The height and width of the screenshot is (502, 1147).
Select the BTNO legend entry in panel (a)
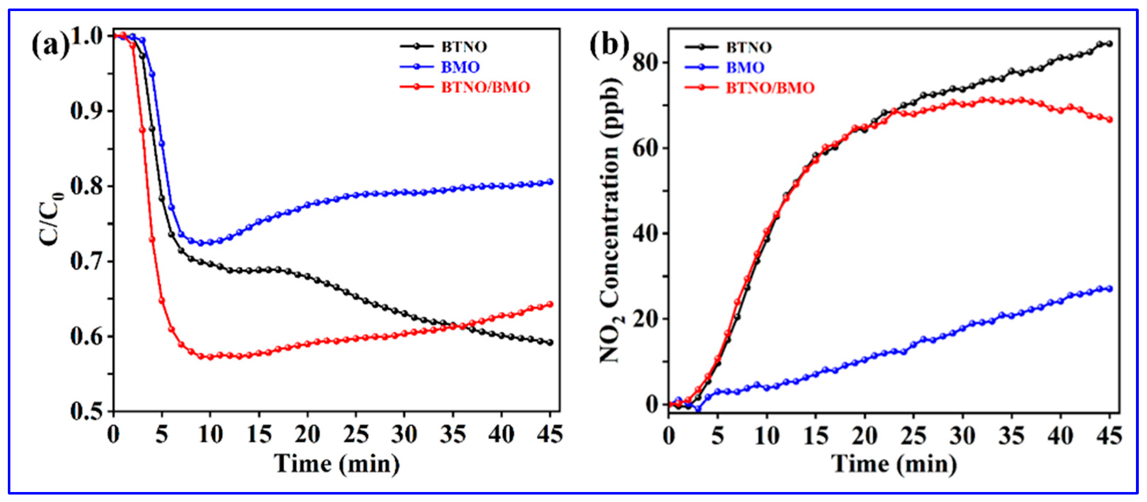[463, 47]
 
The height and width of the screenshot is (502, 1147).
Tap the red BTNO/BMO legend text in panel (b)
[770, 88]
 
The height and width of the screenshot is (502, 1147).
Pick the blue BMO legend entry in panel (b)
[745, 68]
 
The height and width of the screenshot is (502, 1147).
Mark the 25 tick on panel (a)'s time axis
[356, 434]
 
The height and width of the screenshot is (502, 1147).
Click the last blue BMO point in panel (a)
[550, 182]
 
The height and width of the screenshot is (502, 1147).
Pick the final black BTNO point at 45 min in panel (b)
[1109, 43]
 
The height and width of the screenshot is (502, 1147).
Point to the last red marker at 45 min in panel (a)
[550, 304]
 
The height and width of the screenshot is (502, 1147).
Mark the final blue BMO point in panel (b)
[1109, 289]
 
